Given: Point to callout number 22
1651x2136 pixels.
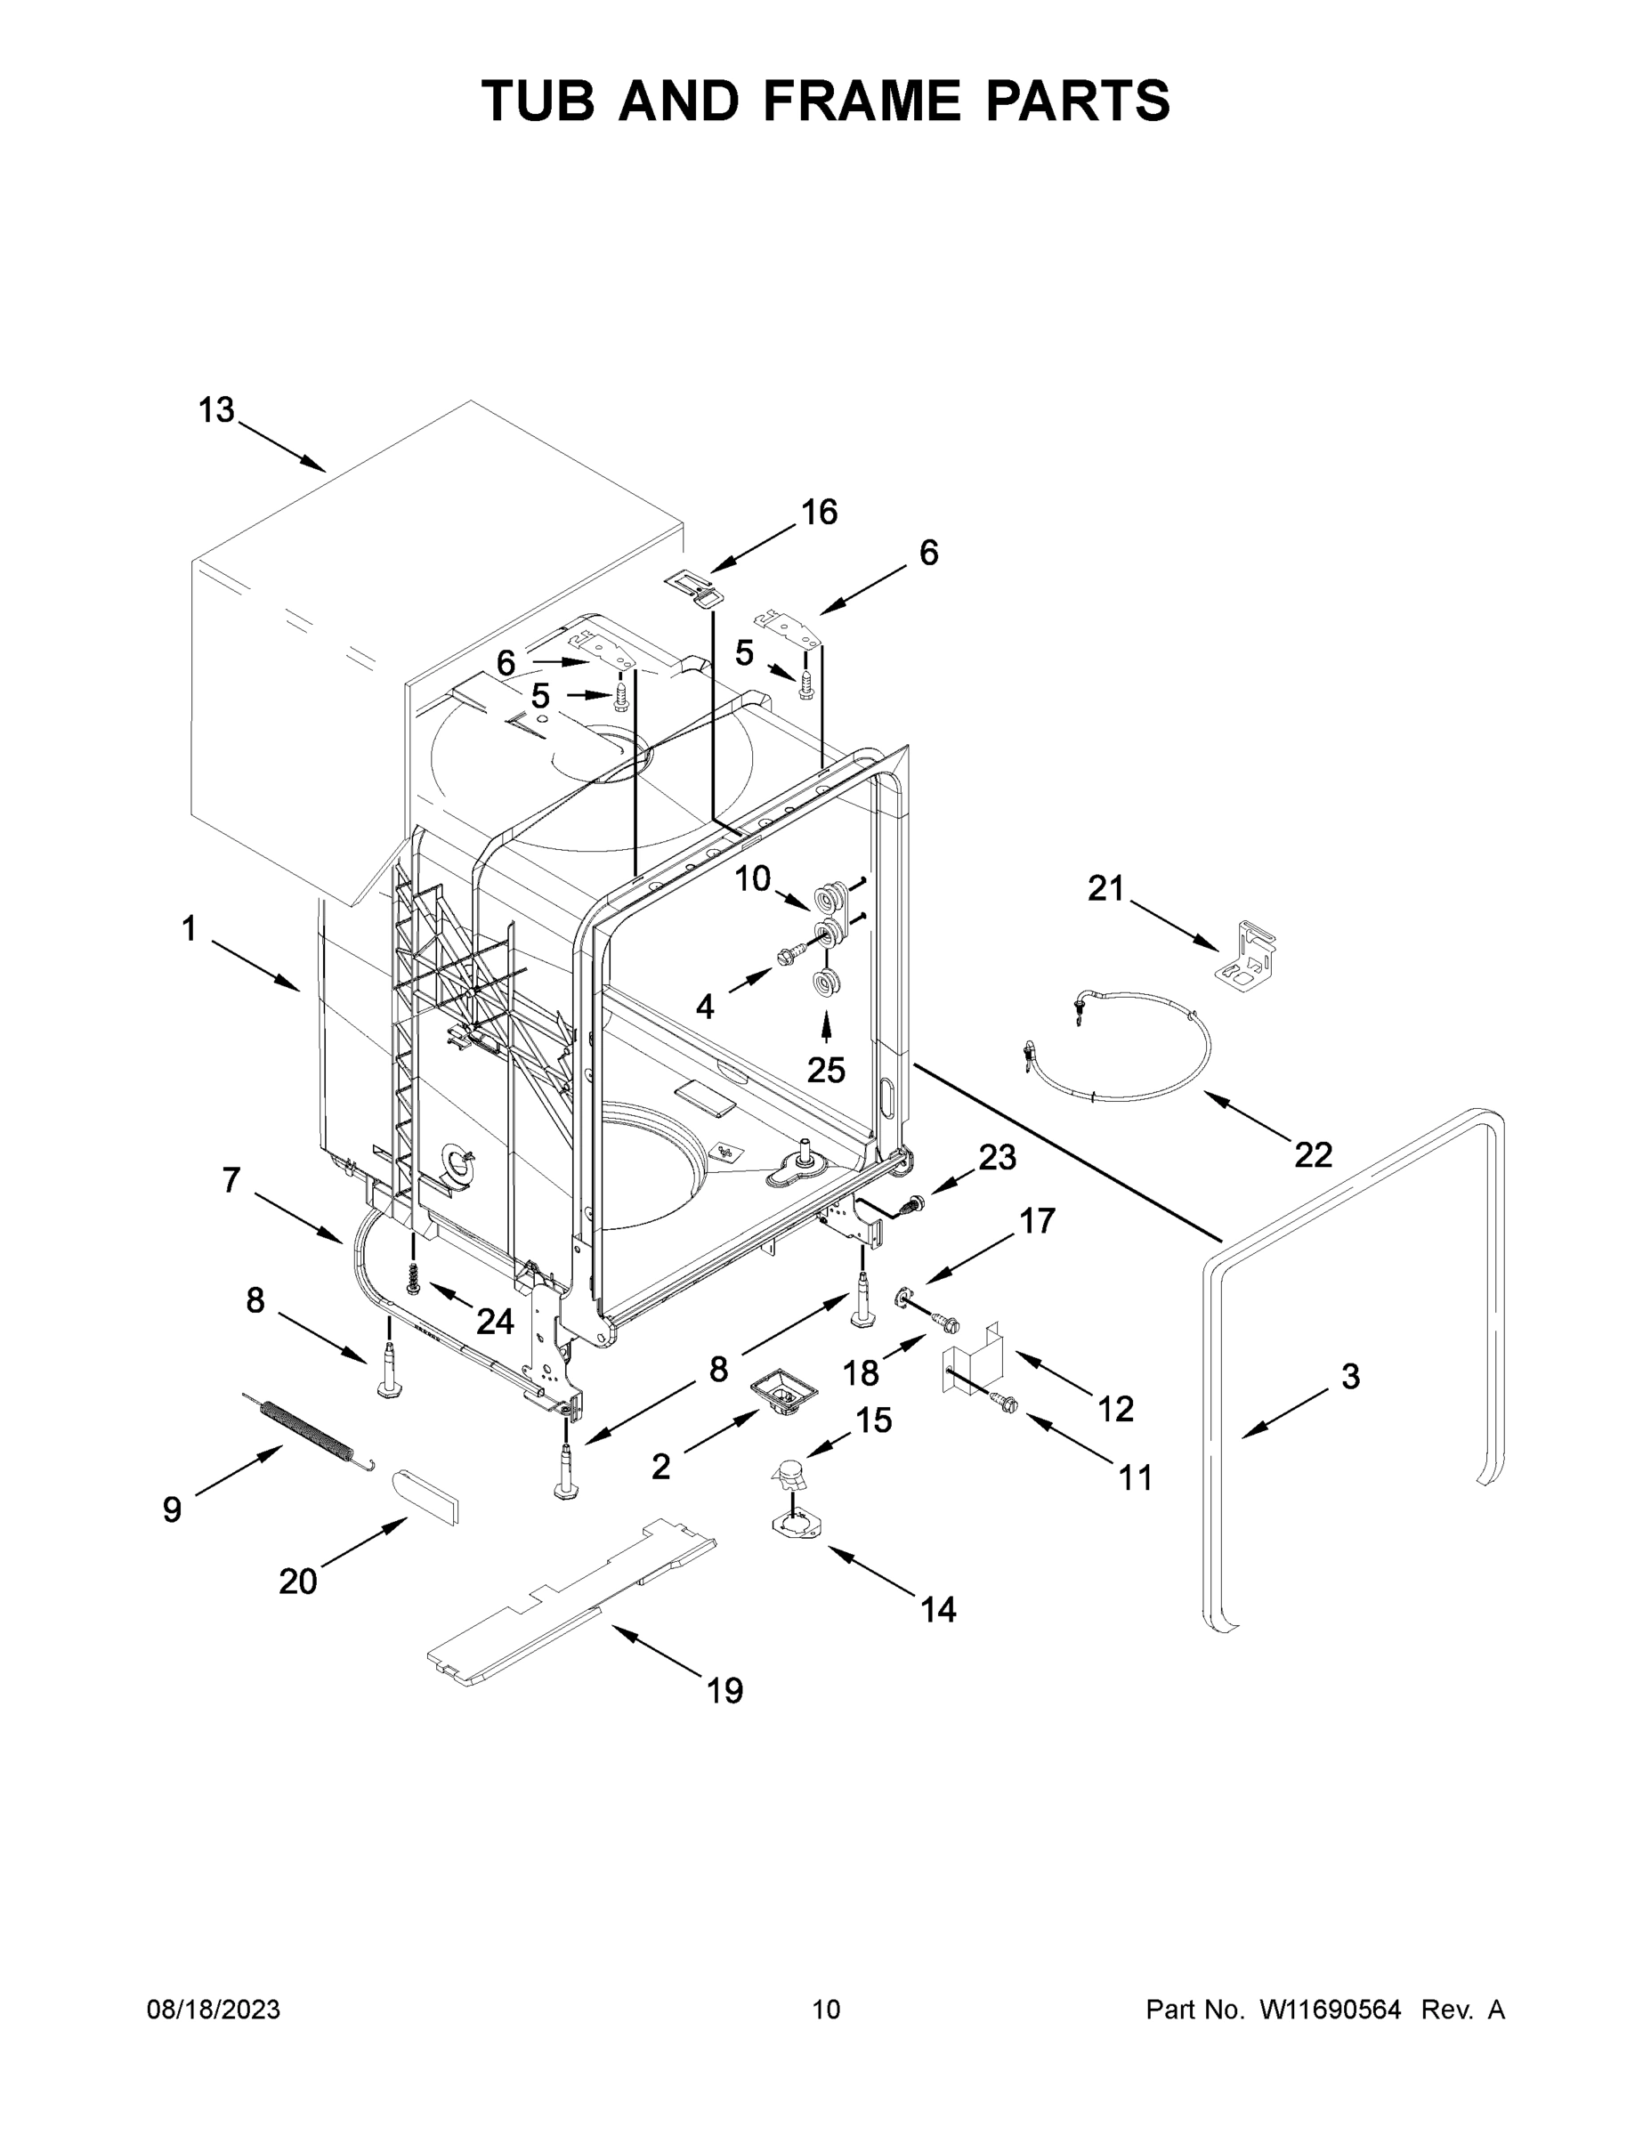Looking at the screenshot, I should click(1313, 1154).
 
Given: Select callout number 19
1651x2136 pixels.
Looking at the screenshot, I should click(724, 1690).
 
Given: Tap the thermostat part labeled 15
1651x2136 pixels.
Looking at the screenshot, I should click(789, 1468).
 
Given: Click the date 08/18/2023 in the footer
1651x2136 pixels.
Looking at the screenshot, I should click(214, 2009).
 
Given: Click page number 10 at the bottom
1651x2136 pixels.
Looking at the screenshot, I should click(826, 2009).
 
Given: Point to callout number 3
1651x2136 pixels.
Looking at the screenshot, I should click(1350, 1377).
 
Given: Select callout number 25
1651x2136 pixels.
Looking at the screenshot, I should click(826, 1070).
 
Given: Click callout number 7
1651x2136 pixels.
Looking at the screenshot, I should click(231, 1180).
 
